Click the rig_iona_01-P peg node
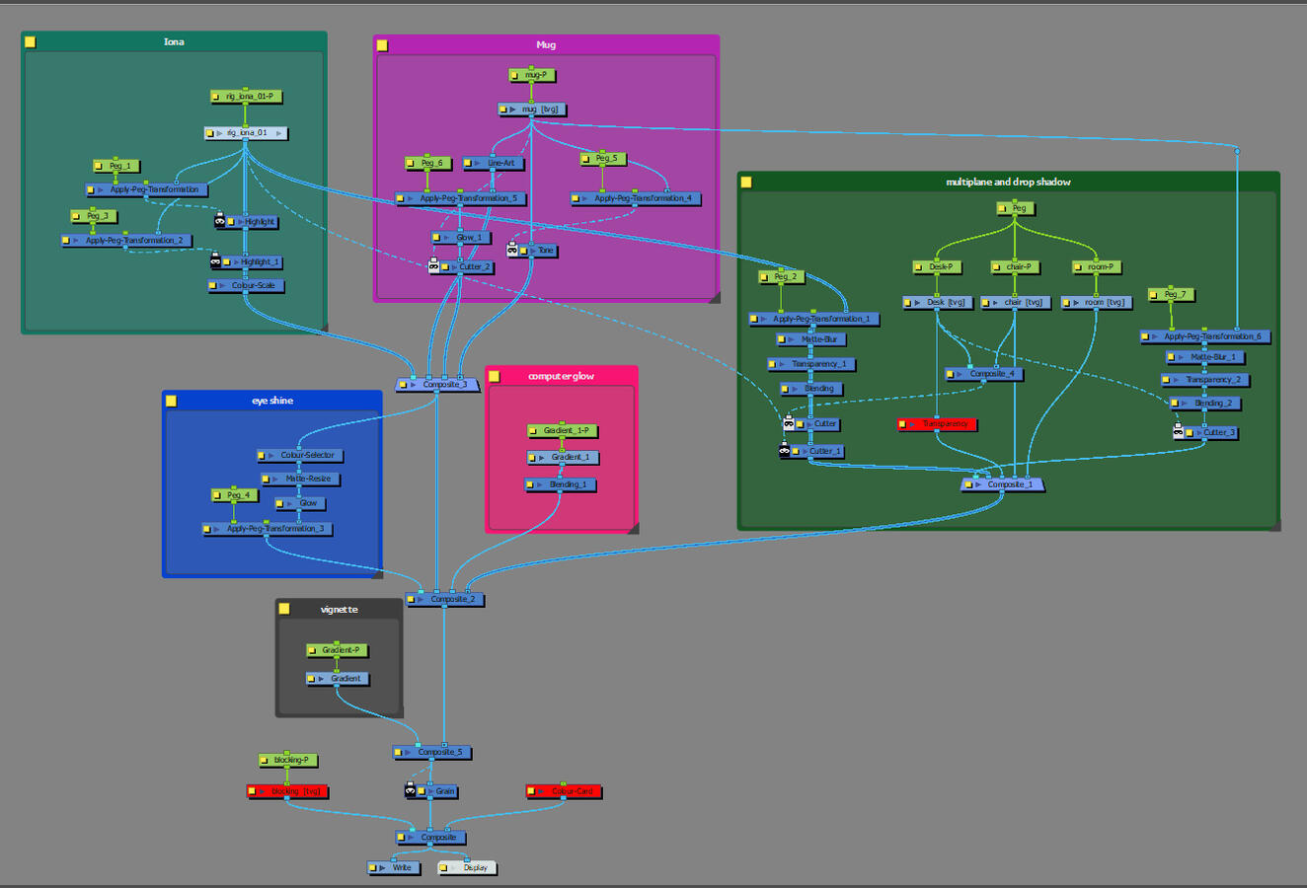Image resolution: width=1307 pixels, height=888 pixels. pyautogui.click(x=248, y=97)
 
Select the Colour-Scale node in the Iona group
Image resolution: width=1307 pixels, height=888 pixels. pyautogui.click(x=252, y=286)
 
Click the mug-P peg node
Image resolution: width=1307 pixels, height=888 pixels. pyautogui.click(x=534, y=75)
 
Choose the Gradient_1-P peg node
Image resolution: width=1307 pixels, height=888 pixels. pyautogui.click(x=565, y=431)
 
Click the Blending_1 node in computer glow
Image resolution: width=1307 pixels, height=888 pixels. pyautogui.click(x=566, y=485)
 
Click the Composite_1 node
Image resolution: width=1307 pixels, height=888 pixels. pyautogui.click(x=1008, y=484)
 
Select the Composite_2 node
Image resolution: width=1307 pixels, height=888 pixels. pyautogui.click(x=450, y=600)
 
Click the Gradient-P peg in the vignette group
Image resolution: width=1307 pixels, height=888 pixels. pyautogui.click(x=340, y=650)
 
